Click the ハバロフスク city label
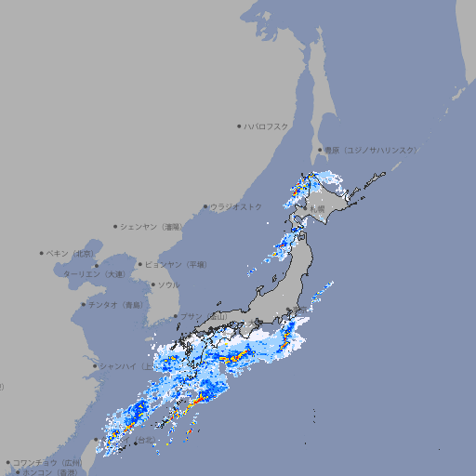click(x=267, y=126)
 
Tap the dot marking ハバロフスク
click(x=239, y=126)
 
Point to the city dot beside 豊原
click(x=320, y=150)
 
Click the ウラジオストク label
click(x=236, y=206)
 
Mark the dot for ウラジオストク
click(x=205, y=207)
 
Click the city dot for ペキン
click(x=42, y=253)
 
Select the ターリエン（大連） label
click(x=93, y=274)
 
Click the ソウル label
click(x=168, y=284)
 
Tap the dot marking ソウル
click(x=152, y=284)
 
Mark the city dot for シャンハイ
click(x=94, y=365)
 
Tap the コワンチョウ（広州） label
click(x=47, y=462)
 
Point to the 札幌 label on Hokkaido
click(x=318, y=208)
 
